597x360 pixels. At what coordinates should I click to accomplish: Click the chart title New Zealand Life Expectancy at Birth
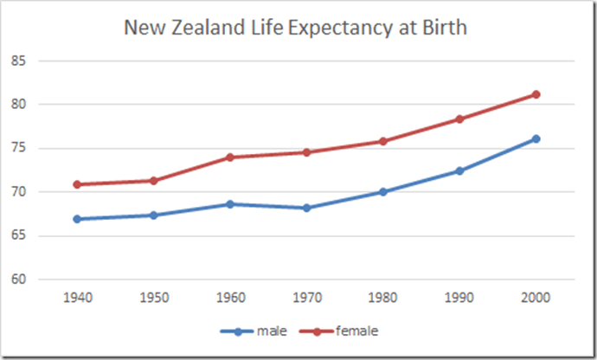(296, 28)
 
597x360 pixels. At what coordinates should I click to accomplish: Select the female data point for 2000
(536, 94)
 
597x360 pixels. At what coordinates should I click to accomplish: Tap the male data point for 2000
(536, 138)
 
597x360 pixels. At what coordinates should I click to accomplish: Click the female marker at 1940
(77, 184)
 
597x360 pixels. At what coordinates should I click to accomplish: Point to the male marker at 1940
(77, 219)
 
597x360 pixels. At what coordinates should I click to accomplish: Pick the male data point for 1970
(306, 208)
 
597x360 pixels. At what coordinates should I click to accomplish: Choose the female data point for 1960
(230, 157)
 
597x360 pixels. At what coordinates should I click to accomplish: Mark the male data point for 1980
(382, 192)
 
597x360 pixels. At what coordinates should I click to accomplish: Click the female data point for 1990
(459, 119)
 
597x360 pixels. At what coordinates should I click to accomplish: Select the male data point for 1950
(153, 215)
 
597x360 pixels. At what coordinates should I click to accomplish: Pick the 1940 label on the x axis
(77, 297)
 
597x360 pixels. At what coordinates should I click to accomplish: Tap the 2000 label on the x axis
(536, 297)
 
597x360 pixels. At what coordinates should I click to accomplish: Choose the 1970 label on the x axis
(306, 297)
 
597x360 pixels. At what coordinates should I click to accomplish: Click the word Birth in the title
(442, 28)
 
